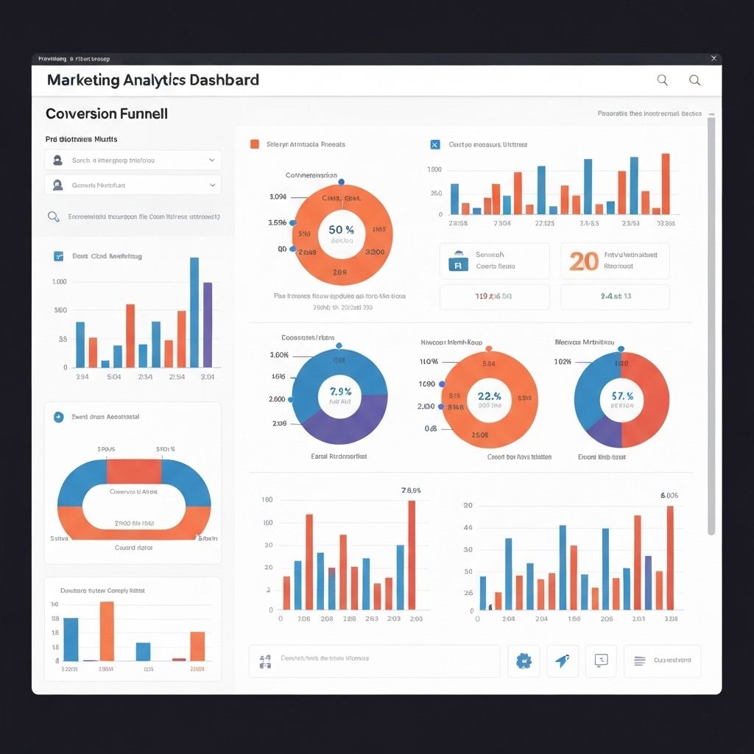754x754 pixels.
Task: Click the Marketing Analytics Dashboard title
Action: click(x=152, y=80)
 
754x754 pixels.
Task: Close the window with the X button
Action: click(x=713, y=58)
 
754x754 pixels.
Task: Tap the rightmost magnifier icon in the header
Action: click(x=694, y=80)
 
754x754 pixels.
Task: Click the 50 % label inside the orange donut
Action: click(x=341, y=230)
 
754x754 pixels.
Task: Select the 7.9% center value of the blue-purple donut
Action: click(x=340, y=392)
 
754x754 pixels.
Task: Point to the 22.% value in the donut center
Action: click(x=489, y=396)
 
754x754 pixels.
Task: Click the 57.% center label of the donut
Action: click(x=621, y=396)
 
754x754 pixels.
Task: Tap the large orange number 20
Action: click(x=584, y=261)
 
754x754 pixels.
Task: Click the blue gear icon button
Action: click(x=524, y=661)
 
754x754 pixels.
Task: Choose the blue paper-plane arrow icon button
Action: click(x=562, y=661)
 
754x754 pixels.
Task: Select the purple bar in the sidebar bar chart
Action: click(x=208, y=324)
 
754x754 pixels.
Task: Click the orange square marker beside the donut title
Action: click(x=254, y=144)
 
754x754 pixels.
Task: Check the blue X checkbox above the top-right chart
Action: click(x=434, y=144)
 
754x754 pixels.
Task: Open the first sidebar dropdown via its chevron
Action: click(x=212, y=160)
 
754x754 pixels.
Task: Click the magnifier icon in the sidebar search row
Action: click(x=53, y=216)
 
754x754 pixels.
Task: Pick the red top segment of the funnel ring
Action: click(x=134, y=471)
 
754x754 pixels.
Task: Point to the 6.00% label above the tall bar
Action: click(x=669, y=496)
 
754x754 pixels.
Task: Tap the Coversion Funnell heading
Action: click(x=107, y=114)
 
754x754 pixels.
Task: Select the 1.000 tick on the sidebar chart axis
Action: click(x=60, y=282)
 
